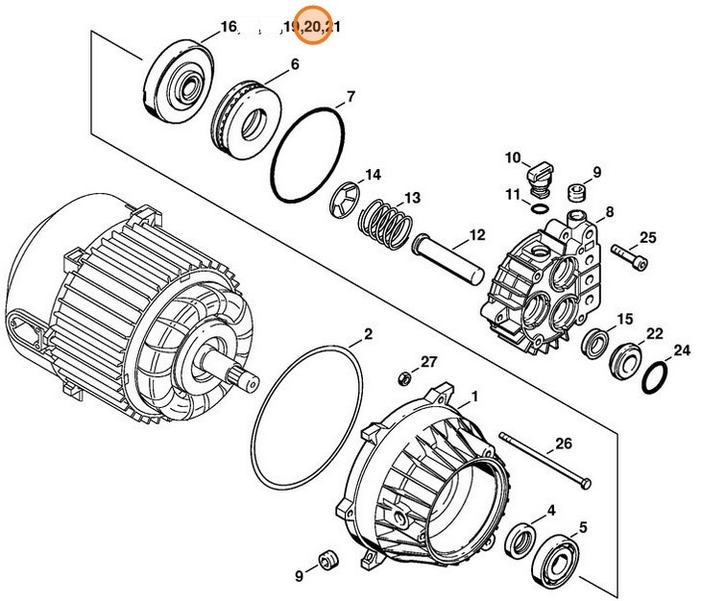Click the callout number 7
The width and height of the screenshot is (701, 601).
350,96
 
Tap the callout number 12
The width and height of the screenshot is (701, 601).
477,233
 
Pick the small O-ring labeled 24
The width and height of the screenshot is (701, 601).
656,377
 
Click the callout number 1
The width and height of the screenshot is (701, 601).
472,396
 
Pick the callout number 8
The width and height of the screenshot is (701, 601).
609,211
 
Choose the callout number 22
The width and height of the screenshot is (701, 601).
654,333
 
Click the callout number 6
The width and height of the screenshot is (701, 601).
294,65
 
